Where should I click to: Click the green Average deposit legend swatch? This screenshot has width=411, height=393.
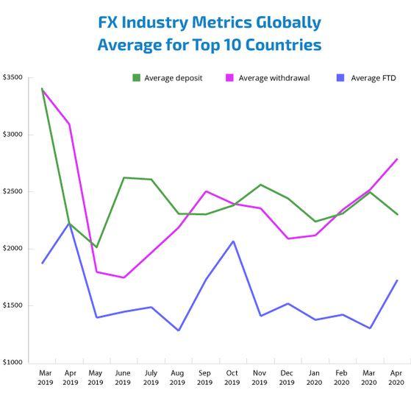pyautogui.click(x=137, y=77)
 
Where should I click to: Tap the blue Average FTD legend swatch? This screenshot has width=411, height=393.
pyautogui.click(x=340, y=77)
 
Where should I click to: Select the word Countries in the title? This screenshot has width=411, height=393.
pyautogui.click(x=282, y=45)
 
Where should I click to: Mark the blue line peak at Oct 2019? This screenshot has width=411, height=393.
pyautogui.click(x=233, y=241)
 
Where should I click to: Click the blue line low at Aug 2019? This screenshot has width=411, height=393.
pyautogui.click(x=179, y=330)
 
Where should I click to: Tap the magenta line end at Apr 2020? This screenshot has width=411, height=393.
pyautogui.click(x=397, y=159)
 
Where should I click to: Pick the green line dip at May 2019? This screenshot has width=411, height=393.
pyautogui.click(x=96, y=247)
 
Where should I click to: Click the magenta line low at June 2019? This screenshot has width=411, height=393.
pyautogui.click(x=124, y=277)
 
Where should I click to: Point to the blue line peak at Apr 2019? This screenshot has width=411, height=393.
pyautogui.click(x=69, y=223)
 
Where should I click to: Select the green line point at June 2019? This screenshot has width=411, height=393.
pyautogui.click(x=124, y=177)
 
